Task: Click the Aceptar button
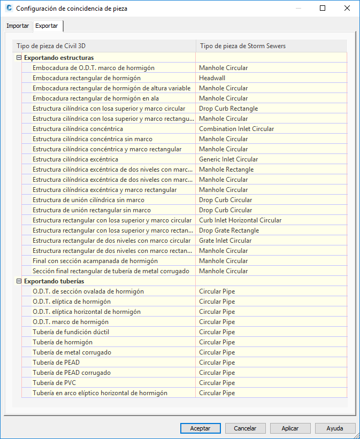pyautogui.click(x=200, y=428)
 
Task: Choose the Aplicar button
pyautogui.click(x=290, y=428)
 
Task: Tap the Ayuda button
pyautogui.click(x=335, y=428)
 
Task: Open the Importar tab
pyautogui.click(x=18, y=26)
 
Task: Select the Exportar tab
pyautogui.click(x=47, y=26)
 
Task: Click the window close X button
pyautogui.click(x=347, y=9)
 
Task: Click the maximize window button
pyautogui.click(x=323, y=9)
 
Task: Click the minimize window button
pyautogui.click(x=298, y=9)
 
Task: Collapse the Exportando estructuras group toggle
pyautogui.click(x=19, y=58)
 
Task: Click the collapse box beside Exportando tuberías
pyautogui.click(x=19, y=281)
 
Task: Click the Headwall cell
pyautogui.click(x=212, y=78)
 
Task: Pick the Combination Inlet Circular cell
pyautogui.click(x=236, y=129)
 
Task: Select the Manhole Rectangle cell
pyautogui.click(x=226, y=170)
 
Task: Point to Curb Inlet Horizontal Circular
pyautogui.click(x=240, y=220)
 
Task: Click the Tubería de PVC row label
pyautogui.click(x=55, y=383)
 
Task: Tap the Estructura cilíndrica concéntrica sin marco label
pyautogui.click(x=93, y=139)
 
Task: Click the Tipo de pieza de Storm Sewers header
pyautogui.click(x=242, y=46)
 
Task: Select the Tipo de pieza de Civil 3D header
pyautogui.click(x=48, y=46)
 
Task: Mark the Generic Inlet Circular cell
pyautogui.click(x=228, y=159)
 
